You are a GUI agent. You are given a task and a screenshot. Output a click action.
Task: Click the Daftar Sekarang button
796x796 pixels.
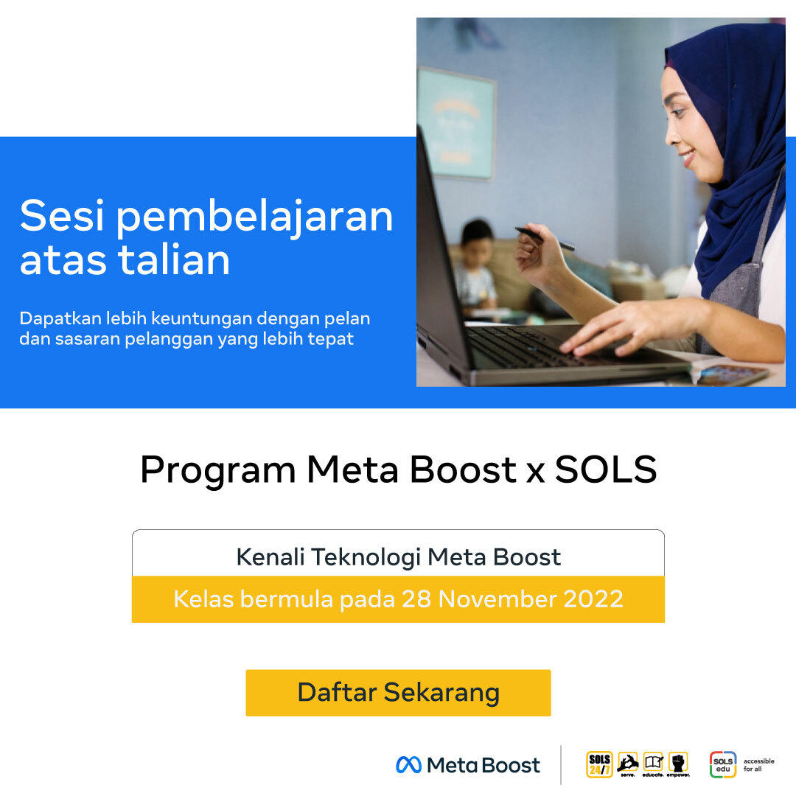(398, 692)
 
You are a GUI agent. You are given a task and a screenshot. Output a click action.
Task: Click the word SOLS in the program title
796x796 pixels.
(606, 469)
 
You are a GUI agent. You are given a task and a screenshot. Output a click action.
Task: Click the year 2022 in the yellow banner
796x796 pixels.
(593, 599)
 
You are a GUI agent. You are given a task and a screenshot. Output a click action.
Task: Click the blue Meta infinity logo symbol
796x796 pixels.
(408, 765)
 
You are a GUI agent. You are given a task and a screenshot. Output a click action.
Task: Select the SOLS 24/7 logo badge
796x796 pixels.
(599, 764)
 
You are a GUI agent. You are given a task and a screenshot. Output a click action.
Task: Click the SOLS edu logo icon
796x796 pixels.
(723, 764)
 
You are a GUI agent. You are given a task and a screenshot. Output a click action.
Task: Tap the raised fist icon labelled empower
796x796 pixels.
(678, 763)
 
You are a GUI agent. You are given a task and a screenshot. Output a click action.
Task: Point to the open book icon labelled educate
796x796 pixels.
(653, 763)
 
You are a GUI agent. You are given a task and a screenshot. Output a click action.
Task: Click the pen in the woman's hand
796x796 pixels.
(545, 239)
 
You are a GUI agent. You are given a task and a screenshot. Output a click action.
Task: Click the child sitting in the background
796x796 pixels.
(475, 269)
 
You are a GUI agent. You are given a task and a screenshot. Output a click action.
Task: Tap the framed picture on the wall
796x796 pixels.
(456, 123)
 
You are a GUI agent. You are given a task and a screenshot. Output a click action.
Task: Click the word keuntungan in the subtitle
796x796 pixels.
(201, 319)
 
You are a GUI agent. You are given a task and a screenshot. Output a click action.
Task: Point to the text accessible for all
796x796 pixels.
(758, 765)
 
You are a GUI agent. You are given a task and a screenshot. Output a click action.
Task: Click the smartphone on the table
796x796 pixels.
(731, 375)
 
